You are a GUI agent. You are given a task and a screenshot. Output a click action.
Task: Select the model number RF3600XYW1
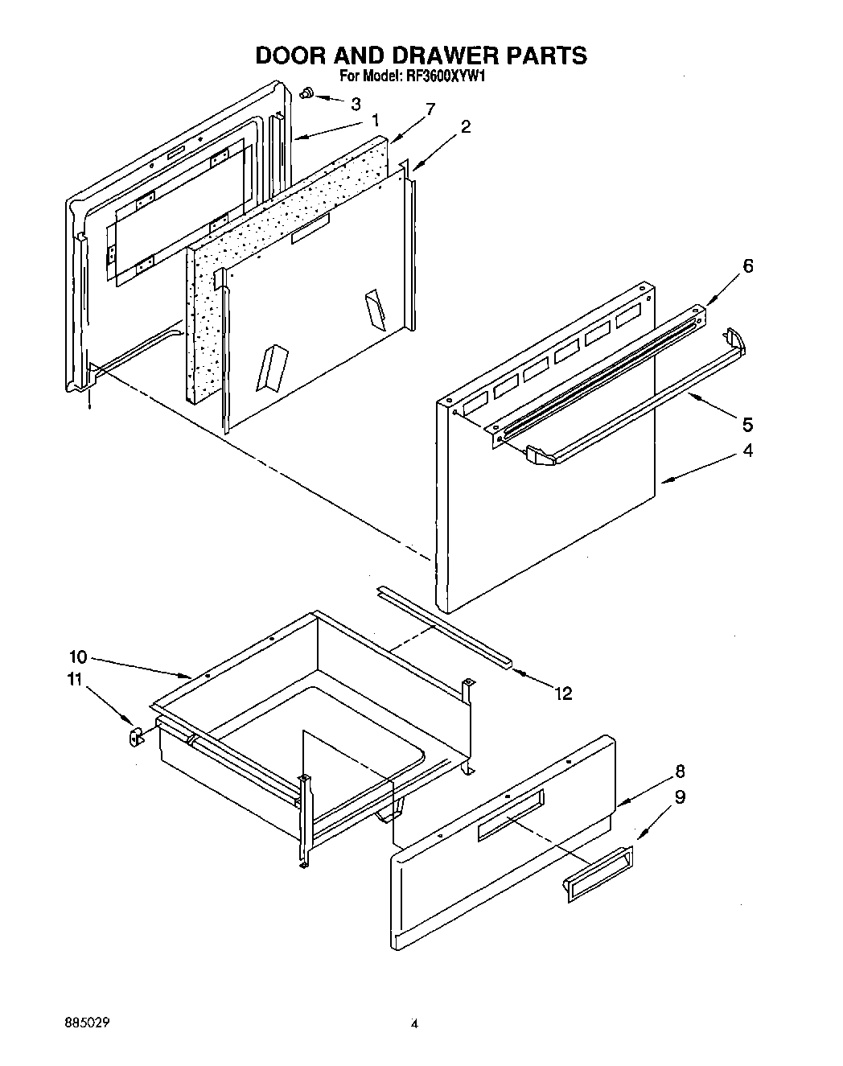446,77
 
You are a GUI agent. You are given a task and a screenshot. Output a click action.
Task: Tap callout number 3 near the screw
356,103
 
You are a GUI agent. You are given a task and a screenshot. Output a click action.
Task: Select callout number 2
466,126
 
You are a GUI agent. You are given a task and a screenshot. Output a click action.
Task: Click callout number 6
747,266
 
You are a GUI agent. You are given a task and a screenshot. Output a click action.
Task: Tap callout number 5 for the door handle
747,424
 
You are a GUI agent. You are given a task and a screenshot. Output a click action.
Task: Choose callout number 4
747,451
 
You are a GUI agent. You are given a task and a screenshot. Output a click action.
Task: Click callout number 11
74,680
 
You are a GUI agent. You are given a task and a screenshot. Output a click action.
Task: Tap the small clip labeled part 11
135,735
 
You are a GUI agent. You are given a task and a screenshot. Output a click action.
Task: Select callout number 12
563,694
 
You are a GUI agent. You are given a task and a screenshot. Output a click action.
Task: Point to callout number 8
680,772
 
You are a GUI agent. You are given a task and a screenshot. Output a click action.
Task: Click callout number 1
375,121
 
